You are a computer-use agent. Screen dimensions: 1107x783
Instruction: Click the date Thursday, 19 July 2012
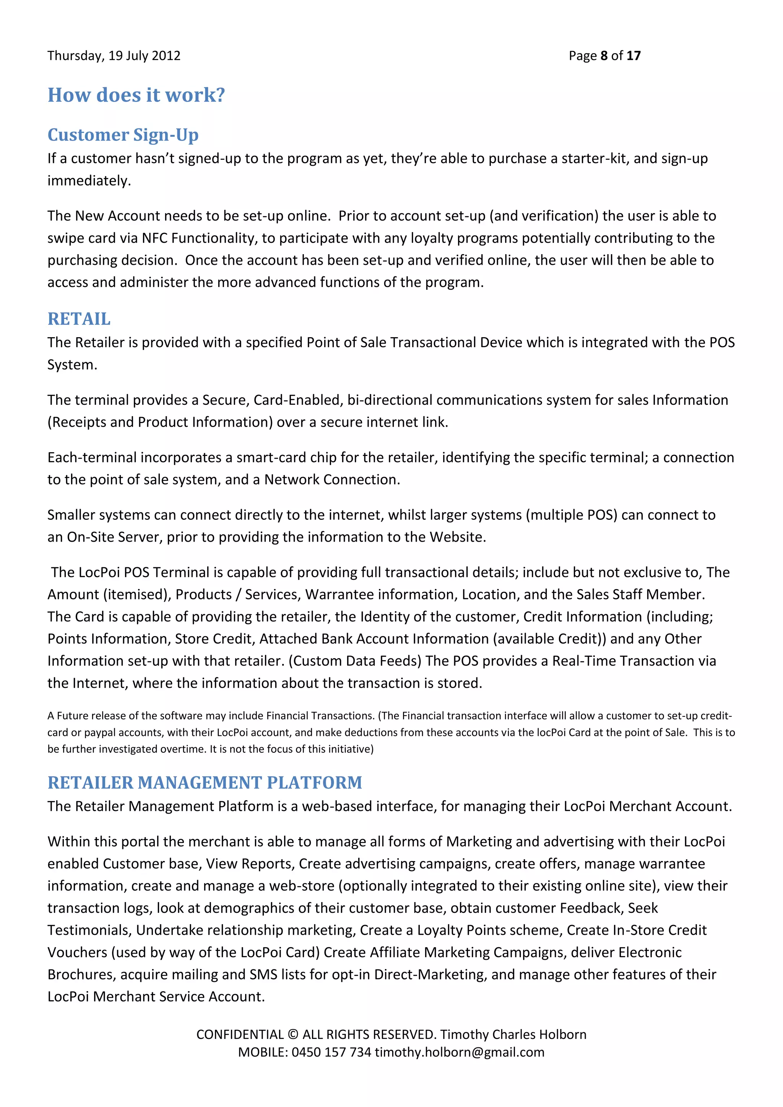[114, 56]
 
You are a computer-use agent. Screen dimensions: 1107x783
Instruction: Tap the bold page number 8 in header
[604, 56]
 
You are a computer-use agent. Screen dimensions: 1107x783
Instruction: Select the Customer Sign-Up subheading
[123, 135]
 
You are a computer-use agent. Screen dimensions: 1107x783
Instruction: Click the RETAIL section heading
[79, 319]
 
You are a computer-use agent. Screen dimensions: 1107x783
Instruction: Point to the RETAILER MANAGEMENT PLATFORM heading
[205, 782]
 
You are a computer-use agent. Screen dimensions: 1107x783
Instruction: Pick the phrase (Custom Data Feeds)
[355, 661]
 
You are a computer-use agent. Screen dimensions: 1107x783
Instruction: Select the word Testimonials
[90, 930]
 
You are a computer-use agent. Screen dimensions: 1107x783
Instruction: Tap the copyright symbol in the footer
[292, 1035]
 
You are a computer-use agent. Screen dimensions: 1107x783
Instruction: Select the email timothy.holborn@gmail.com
[460, 1052]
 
